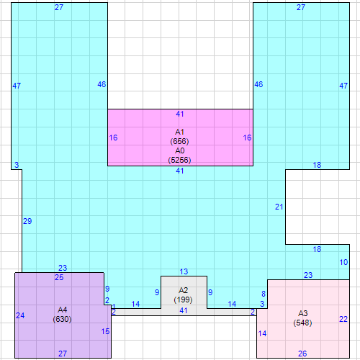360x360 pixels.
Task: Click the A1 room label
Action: pyautogui.click(x=179, y=132)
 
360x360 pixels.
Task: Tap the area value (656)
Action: pyautogui.click(x=179, y=141)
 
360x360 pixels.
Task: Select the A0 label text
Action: pyautogui.click(x=179, y=150)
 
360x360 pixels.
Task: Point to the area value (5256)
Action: pyautogui.click(x=179, y=160)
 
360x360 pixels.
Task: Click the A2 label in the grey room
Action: pyautogui.click(x=183, y=290)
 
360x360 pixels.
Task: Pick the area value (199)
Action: pyautogui.click(x=183, y=300)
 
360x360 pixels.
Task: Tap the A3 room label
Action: pyautogui.click(x=302, y=313)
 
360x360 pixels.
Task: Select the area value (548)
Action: pyautogui.click(x=302, y=323)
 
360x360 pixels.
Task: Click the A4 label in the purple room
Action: pyautogui.click(x=62, y=310)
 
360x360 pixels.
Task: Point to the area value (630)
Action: pyautogui.click(x=62, y=319)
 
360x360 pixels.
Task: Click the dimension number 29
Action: pyautogui.click(x=27, y=221)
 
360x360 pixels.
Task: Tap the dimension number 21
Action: pyautogui.click(x=279, y=207)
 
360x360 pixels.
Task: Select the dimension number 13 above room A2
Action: pyautogui.click(x=184, y=271)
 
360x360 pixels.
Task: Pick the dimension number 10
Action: pyautogui.click(x=343, y=262)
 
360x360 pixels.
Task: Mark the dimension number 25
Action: pyautogui.click(x=59, y=277)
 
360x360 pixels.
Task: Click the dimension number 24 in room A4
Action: pyautogui.click(x=20, y=315)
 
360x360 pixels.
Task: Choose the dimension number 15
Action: pyautogui.click(x=105, y=331)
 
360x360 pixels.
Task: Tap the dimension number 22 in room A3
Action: pyautogui.click(x=343, y=319)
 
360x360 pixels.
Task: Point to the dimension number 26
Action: pyautogui.click(x=302, y=354)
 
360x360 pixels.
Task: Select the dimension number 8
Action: pyautogui.click(x=264, y=294)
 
